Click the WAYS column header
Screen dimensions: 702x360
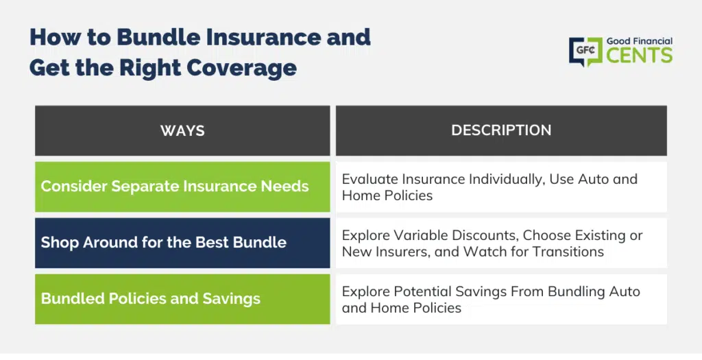click(x=182, y=130)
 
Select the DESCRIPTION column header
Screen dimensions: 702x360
click(x=501, y=130)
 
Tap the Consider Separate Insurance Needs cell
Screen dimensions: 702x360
click(x=182, y=187)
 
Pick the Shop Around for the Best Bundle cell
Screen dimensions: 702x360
click(x=182, y=243)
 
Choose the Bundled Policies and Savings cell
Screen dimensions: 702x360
click(x=182, y=299)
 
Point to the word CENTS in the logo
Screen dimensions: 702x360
click(x=640, y=56)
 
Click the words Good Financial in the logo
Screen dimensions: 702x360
click(x=640, y=41)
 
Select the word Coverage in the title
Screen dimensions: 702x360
click(x=242, y=68)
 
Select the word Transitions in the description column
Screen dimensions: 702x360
click(x=568, y=252)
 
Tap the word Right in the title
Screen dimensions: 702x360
click(x=149, y=68)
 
